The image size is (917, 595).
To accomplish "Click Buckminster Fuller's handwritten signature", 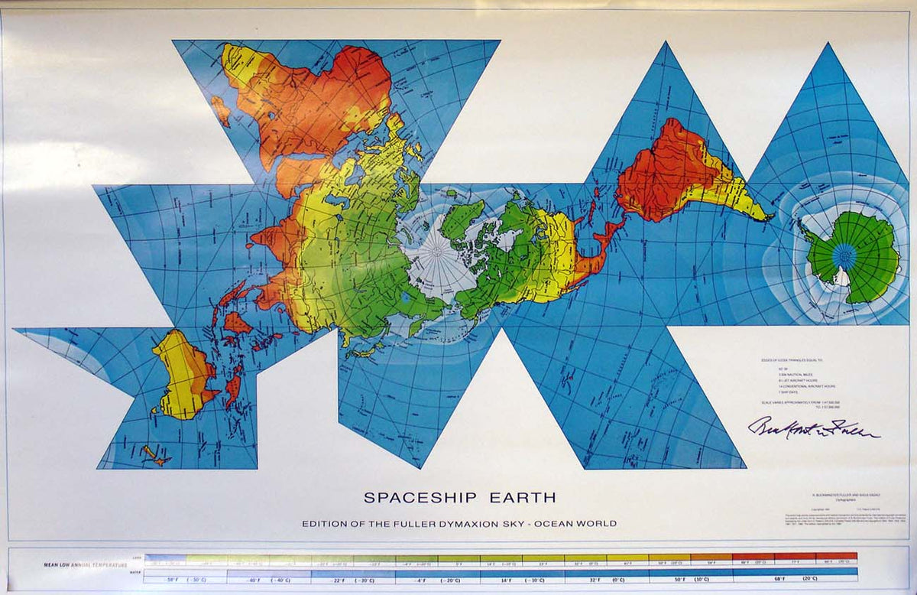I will point(814,428).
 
